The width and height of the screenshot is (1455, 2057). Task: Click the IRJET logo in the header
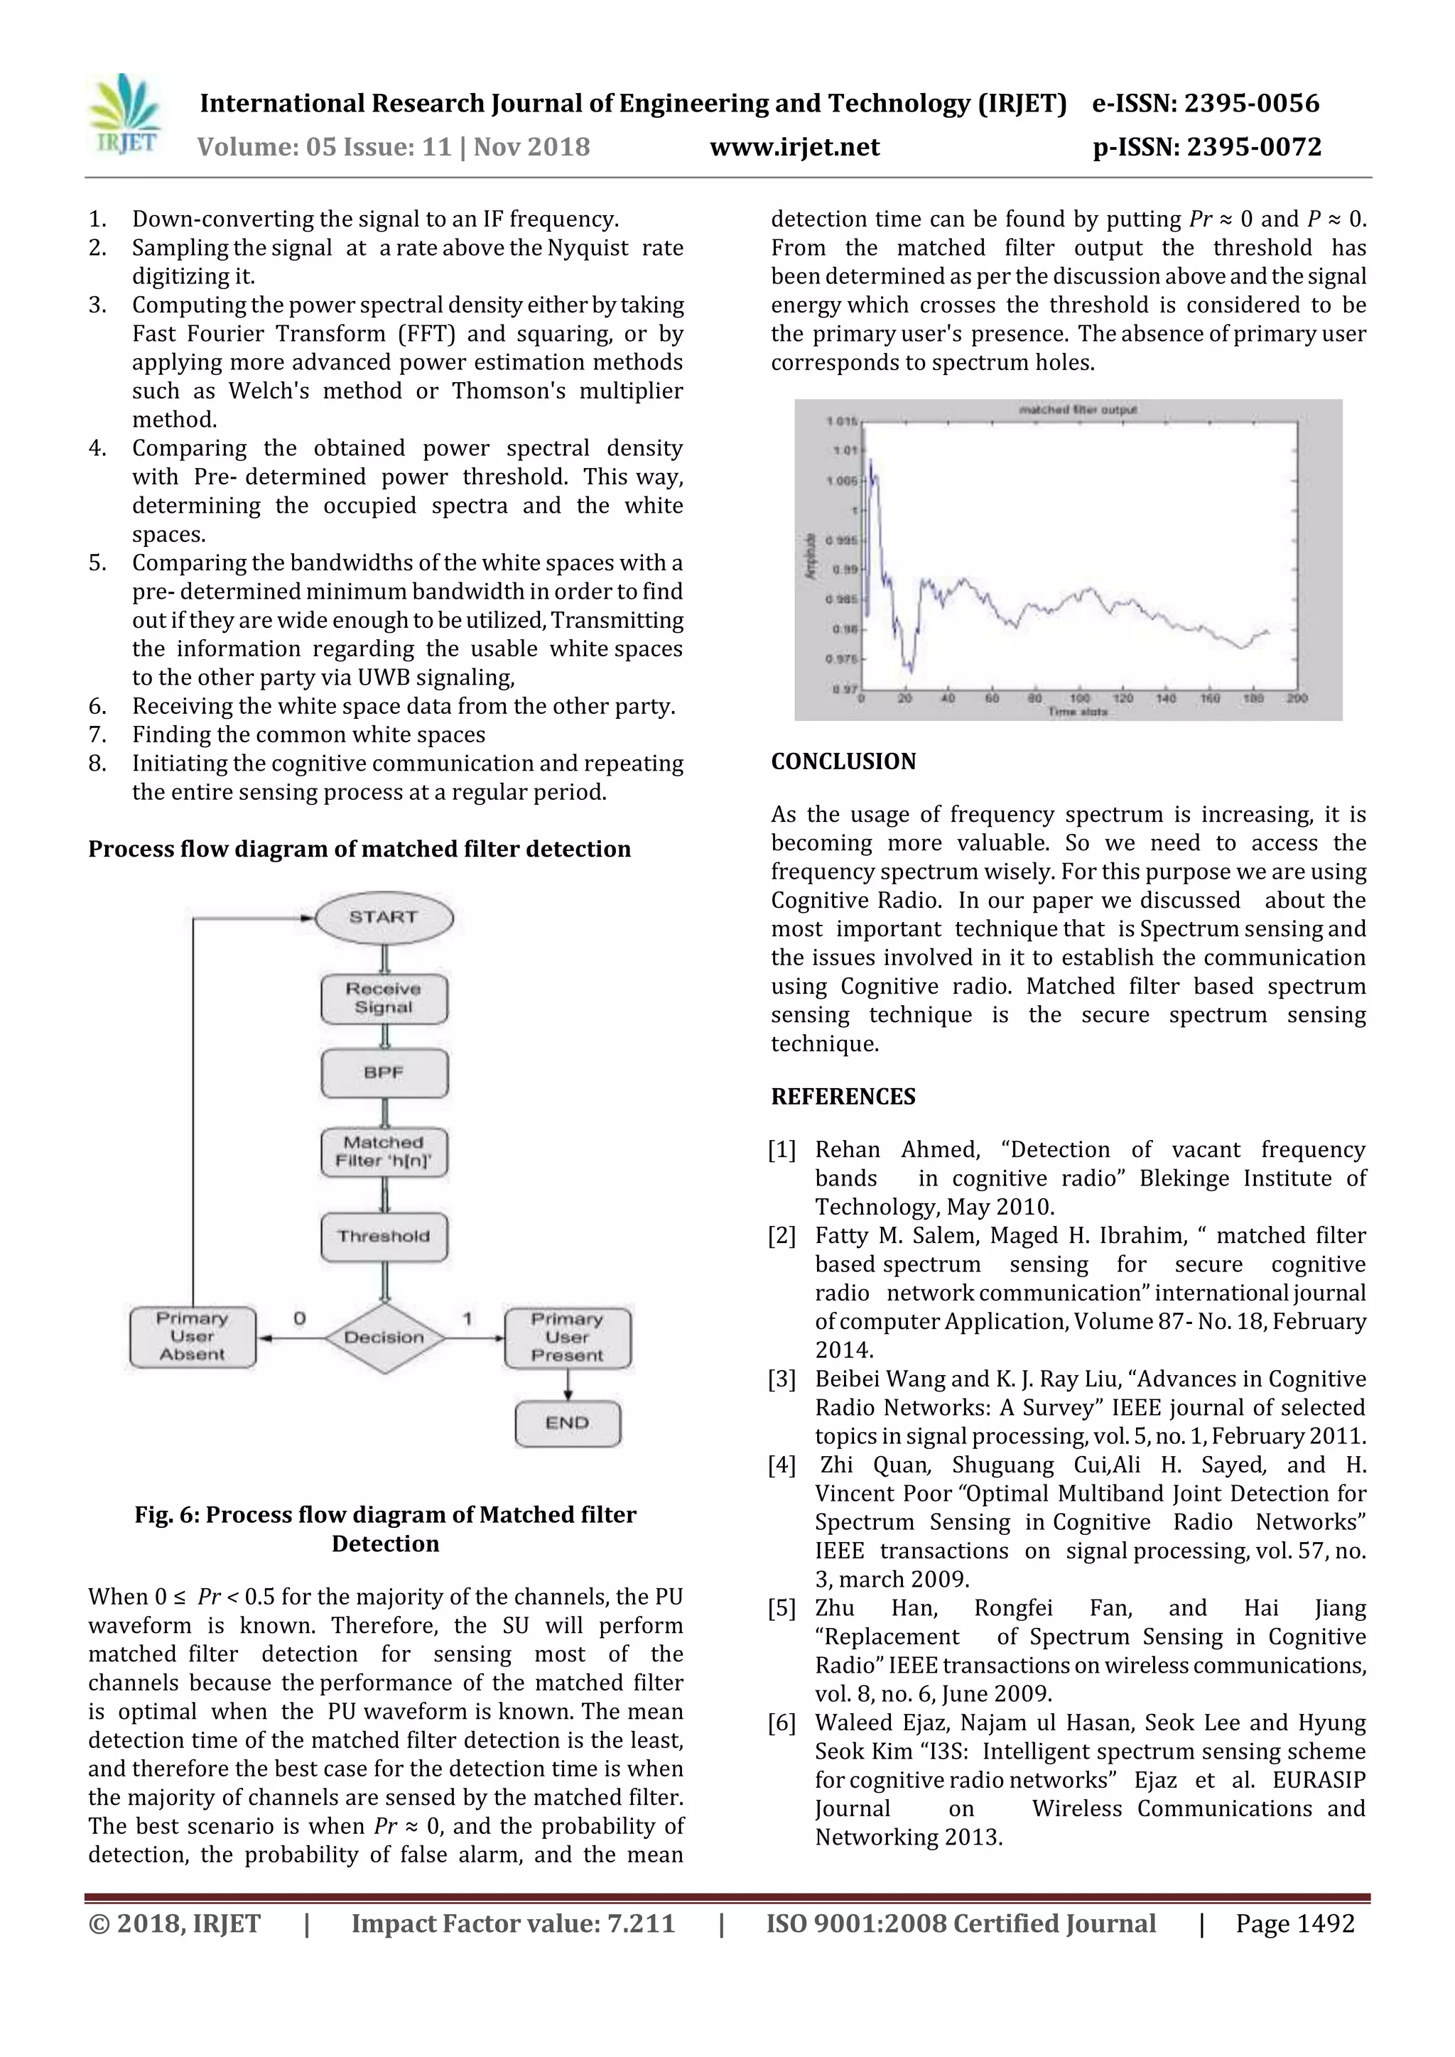[x=126, y=114]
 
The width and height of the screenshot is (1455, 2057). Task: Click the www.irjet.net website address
[x=795, y=147]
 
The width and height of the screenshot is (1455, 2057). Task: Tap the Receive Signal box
[x=384, y=998]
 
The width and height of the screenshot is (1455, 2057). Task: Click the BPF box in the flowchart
[x=384, y=1073]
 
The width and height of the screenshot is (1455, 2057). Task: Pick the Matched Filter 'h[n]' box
[x=384, y=1151]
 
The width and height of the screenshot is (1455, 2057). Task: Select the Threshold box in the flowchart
[x=384, y=1237]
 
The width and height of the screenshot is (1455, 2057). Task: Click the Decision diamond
[x=384, y=1337]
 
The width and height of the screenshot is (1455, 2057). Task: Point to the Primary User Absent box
[x=193, y=1336]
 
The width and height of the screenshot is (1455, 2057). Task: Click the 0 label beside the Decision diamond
[x=299, y=1318]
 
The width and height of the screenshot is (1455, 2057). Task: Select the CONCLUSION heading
[x=843, y=761]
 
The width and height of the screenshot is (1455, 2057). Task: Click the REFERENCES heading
[x=843, y=1097]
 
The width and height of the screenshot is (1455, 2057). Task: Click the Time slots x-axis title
[x=1078, y=712]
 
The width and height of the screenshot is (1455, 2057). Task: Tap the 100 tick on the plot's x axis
[x=1080, y=698]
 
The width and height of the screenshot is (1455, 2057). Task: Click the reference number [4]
[x=782, y=1465]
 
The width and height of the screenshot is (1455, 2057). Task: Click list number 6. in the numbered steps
[x=97, y=706]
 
